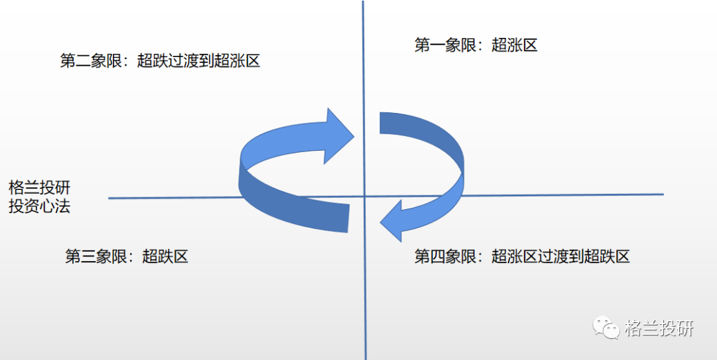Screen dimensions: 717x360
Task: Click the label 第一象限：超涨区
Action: click(x=475, y=45)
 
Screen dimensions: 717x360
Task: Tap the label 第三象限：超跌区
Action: click(x=126, y=256)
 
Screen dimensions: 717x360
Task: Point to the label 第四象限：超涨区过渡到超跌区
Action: click(x=522, y=256)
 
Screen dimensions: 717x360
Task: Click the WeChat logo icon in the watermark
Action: click(x=605, y=327)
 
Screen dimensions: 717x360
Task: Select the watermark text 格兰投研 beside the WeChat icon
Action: click(x=659, y=328)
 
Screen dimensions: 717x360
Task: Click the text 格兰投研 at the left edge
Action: click(x=39, y=187)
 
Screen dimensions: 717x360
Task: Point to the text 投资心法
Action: click(x=39, y=207)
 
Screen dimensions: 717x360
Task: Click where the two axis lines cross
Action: click(x=364, y=196)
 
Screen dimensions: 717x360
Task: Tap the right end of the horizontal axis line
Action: click(x=662, y=194)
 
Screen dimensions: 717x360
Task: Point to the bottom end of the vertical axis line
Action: click(x=366, y=357)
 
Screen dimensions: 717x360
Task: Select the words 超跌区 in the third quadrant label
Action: click(x=165, y=256)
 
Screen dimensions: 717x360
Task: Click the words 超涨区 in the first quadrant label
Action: click(x=515, y=45)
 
